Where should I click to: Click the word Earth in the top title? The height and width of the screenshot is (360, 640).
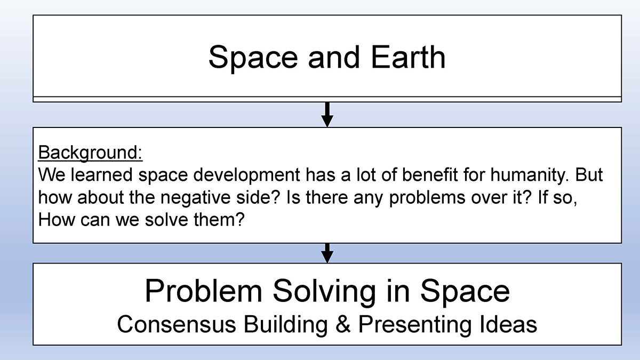coord(409,57)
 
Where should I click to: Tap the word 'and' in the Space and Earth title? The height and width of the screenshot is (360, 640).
coord(333,57)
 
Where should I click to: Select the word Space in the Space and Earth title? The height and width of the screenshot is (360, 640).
coord(253,59)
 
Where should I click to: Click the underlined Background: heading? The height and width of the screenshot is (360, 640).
coord(90,153)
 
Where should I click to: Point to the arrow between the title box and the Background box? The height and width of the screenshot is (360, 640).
coord(327,115)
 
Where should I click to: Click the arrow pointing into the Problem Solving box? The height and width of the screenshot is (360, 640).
coord(327,253)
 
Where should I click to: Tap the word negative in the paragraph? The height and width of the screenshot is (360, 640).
coord(195,197)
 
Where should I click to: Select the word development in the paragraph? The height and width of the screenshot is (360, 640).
coord(246,175)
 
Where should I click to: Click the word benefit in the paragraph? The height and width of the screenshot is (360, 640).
coord(430,174)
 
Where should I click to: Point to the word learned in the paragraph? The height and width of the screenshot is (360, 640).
coord(102,174)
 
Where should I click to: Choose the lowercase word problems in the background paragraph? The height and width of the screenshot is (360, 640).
coord(427,198)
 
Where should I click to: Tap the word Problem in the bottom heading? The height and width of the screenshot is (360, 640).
coord(203,291)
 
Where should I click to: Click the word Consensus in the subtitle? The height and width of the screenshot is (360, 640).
coord(177,324)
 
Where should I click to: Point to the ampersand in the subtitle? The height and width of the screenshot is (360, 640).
coord(343,324)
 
